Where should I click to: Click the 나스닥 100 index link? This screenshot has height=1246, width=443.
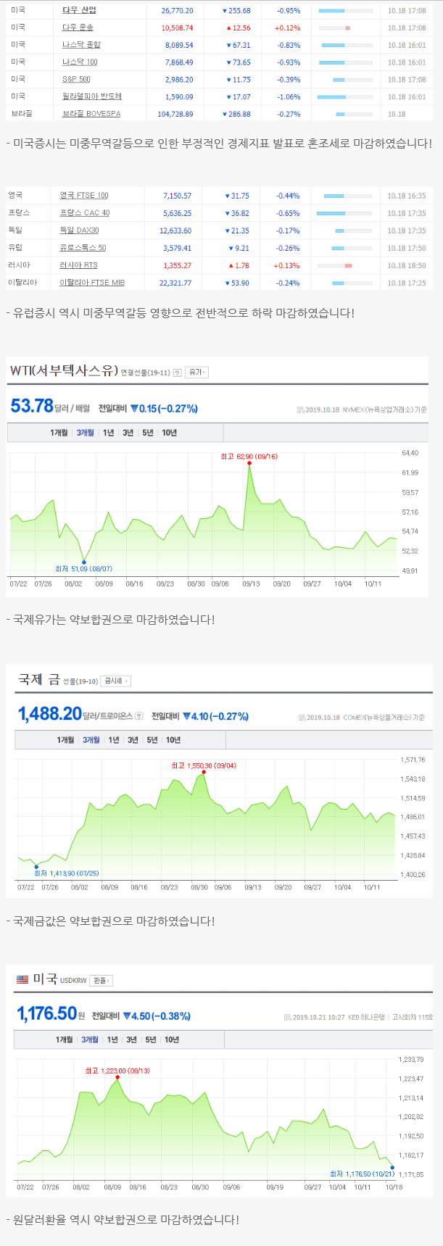coord(80,62)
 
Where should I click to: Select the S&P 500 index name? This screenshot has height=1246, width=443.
coord(76,80)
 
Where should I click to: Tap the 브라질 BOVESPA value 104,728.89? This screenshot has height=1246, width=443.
coord(175,115)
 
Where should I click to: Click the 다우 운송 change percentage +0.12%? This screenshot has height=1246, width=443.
coord(287,28)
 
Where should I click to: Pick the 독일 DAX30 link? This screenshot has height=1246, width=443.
coord(79,230)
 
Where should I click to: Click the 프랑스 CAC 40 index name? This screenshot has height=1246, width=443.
coord(84,213)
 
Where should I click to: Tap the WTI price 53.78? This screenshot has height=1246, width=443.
coord(32,407)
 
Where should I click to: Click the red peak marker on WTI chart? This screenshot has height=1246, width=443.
coord(249,463)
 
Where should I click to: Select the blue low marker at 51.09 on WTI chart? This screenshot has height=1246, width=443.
coord(84,562)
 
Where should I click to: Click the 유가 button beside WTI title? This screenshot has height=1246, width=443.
coord(196,373)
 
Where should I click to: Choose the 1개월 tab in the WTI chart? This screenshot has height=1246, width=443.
coord(59,433)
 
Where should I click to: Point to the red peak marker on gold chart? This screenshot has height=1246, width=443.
coord(204,772)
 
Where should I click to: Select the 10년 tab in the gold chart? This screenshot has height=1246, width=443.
coord(173,740)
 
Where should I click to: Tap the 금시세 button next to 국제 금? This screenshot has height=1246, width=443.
coord(116,681)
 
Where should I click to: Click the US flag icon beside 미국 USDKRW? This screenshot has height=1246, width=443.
coord(22,979)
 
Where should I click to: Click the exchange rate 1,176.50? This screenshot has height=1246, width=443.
coord(46,1013)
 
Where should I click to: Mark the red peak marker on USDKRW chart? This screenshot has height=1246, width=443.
coord(117,1077)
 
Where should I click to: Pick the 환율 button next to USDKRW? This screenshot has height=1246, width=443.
coord(102,981)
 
